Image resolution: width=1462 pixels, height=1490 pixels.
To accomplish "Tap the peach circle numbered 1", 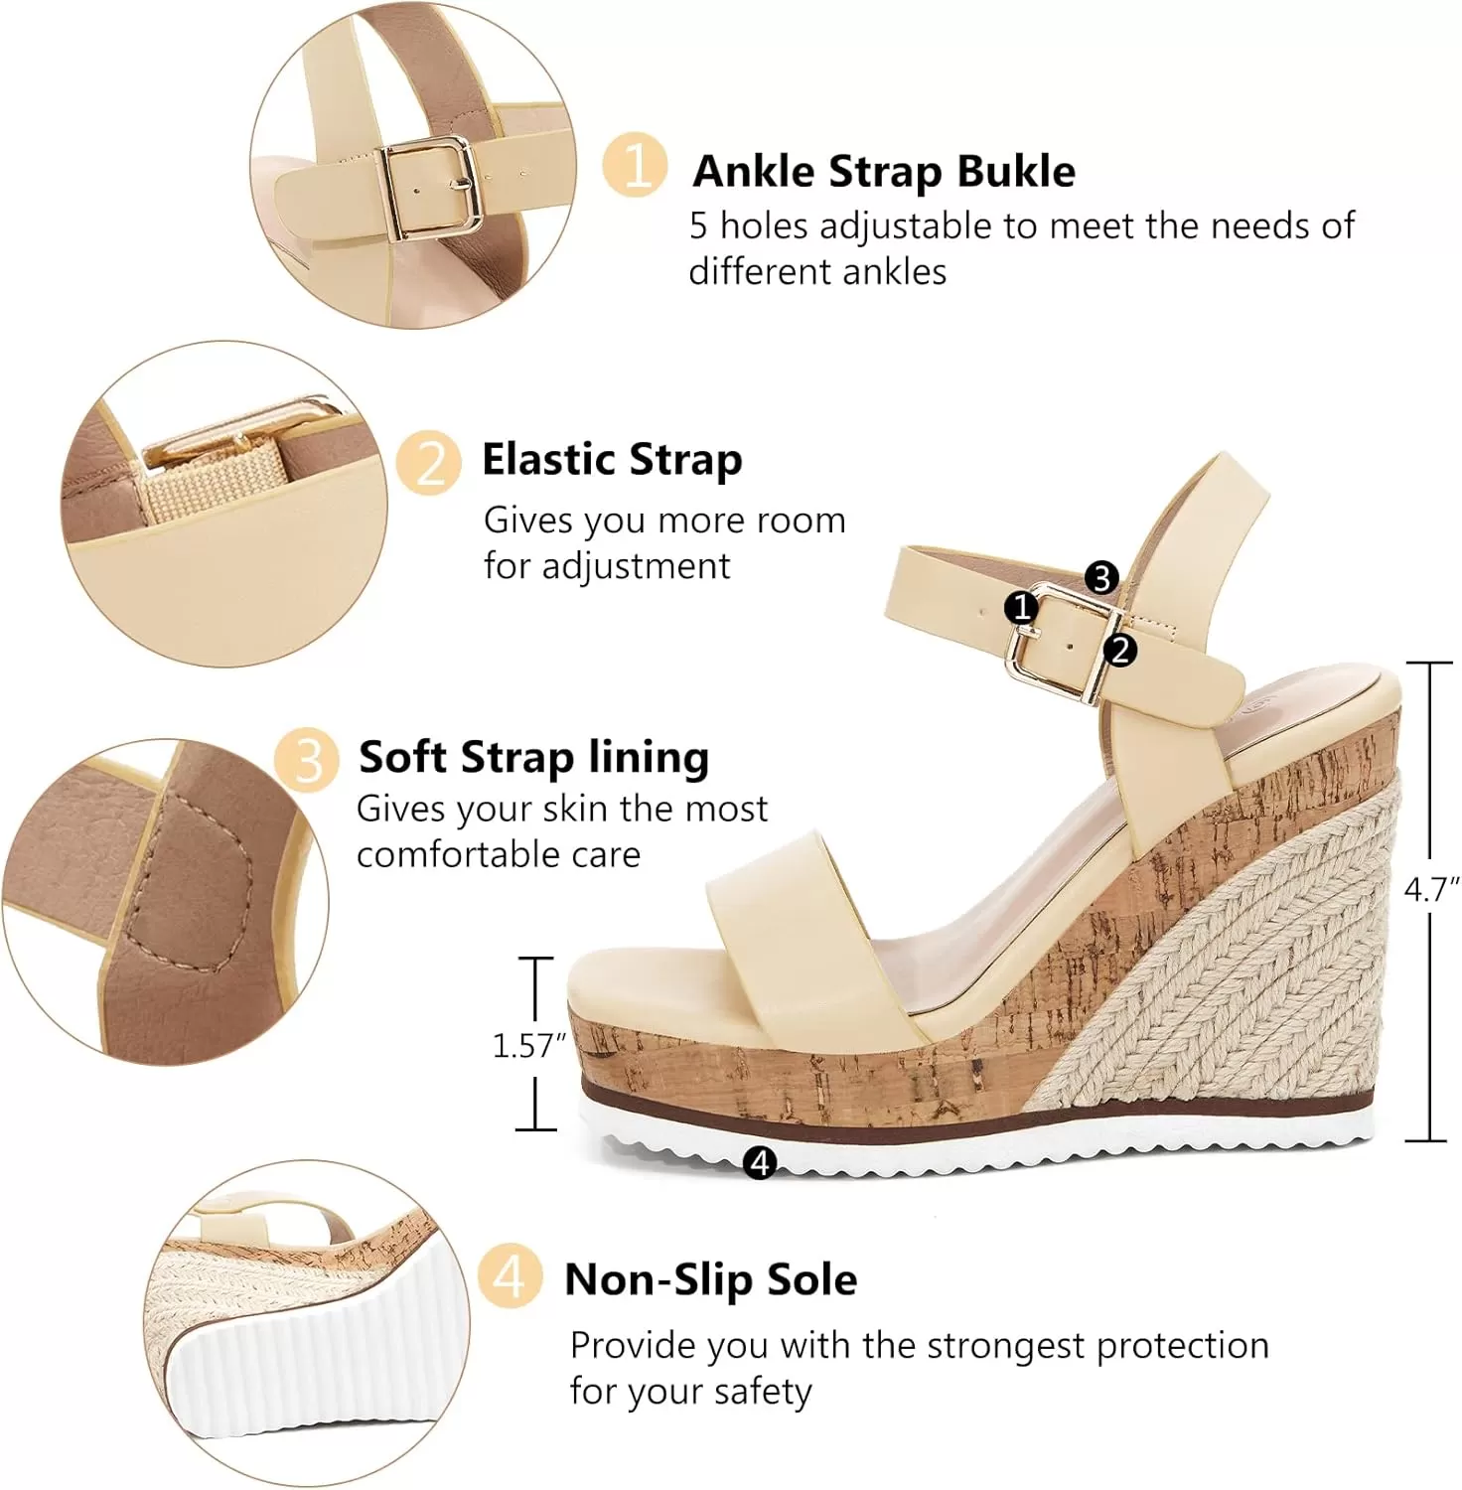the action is (635, 164).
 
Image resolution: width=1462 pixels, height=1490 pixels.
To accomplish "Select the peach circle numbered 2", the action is (429, 463).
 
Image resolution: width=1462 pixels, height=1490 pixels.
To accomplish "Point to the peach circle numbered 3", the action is (308, 761).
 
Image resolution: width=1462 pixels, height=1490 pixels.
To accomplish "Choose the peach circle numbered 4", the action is (510, 1275).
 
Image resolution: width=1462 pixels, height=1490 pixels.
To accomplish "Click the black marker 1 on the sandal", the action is (1021, 607).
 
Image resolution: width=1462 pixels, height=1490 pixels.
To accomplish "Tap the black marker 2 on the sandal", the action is (1119, 651).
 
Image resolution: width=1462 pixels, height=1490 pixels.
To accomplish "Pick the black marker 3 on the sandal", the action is (1100, 577).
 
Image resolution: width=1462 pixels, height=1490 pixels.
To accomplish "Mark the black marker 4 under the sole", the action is (760, 1161).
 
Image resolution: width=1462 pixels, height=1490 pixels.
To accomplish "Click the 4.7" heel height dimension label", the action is (1431, 889).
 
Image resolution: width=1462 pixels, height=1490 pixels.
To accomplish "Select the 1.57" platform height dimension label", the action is (528, 1045).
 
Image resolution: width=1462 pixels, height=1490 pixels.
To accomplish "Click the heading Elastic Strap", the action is (612, 459).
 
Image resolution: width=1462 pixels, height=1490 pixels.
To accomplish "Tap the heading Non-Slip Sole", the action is (711, 1279).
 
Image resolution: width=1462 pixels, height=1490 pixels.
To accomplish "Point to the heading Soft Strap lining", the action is (534, 757).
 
